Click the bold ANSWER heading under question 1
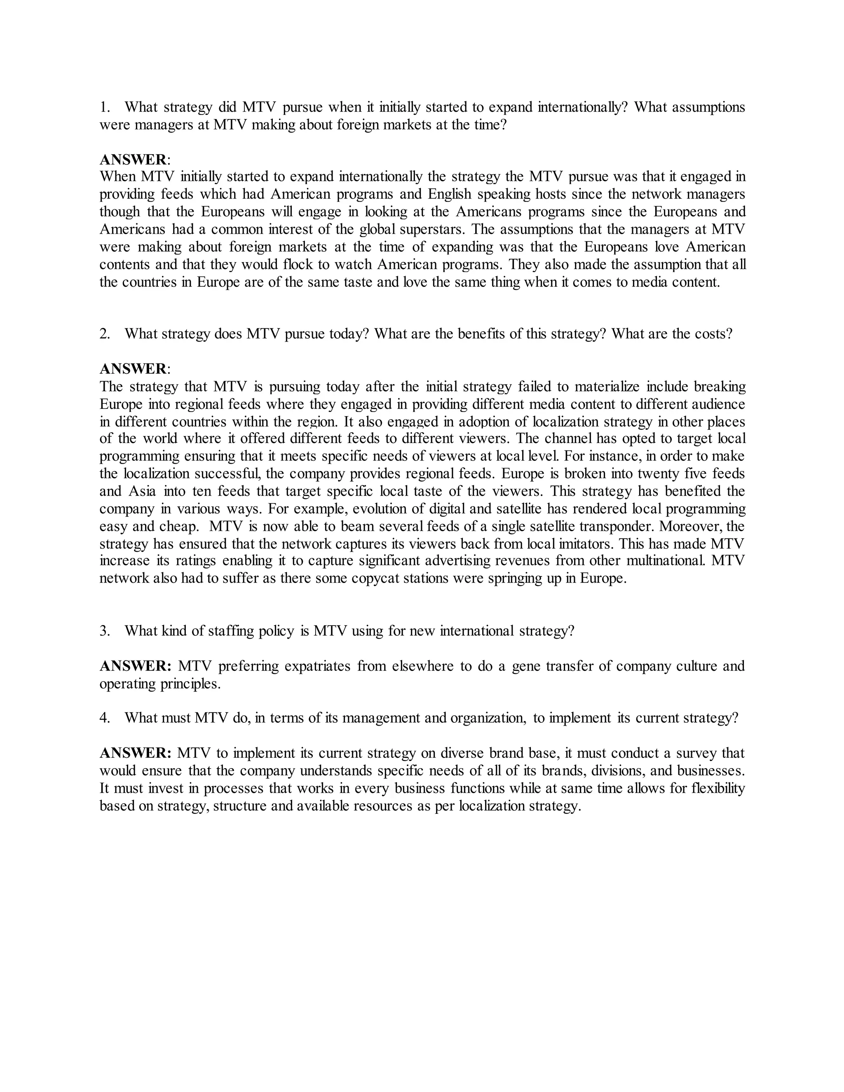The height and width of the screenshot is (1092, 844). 133,159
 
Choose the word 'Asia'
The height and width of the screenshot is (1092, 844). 142,491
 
